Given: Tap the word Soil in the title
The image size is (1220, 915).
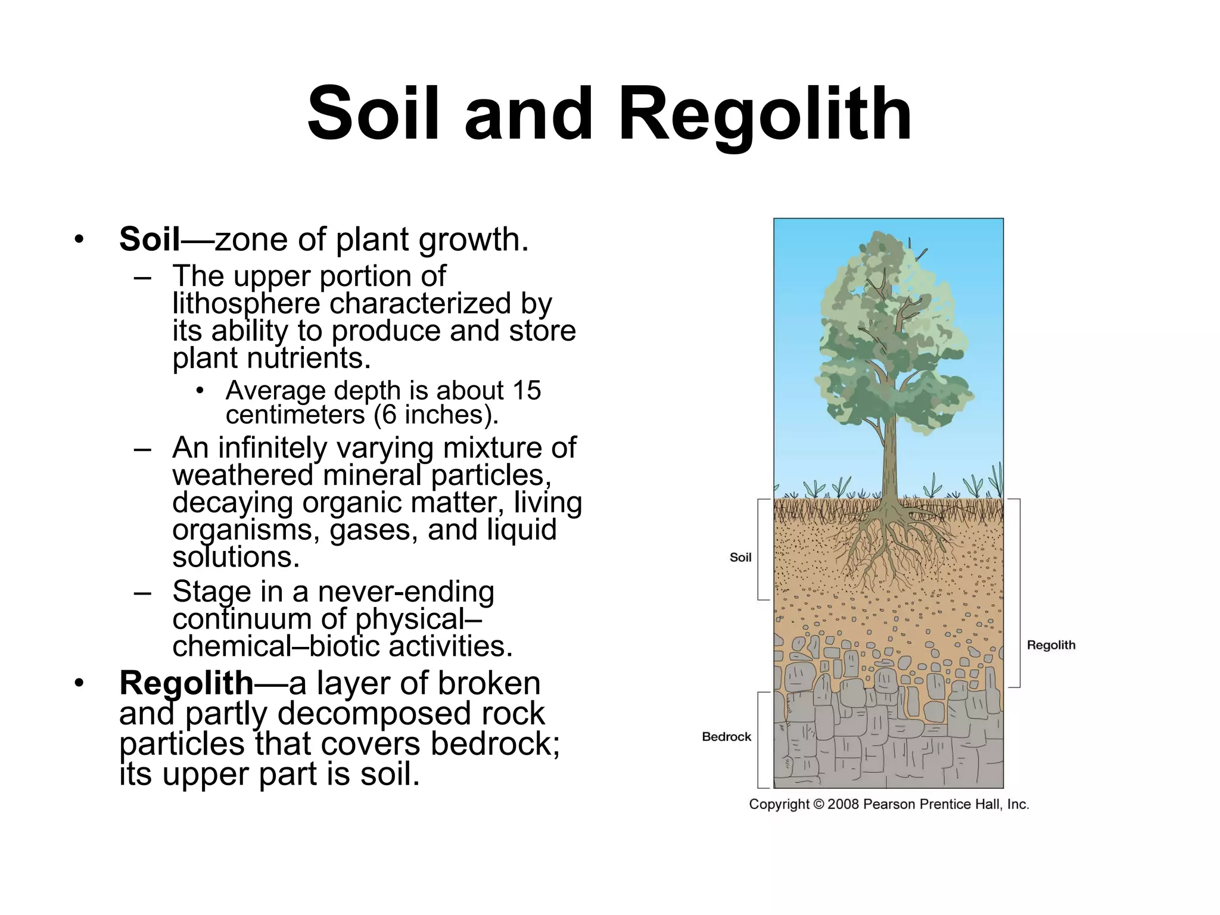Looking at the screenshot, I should pos(374,113).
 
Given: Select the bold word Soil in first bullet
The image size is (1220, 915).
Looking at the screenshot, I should pos(149,239).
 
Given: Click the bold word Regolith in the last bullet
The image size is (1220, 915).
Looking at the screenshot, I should pos(186,683).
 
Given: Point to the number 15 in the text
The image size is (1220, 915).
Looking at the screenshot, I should pos(526,391).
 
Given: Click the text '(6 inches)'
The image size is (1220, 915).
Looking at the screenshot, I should pos(436,415).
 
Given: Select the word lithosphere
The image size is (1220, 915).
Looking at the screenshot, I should pos(246,304).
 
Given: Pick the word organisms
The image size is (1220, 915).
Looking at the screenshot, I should pos(246,530).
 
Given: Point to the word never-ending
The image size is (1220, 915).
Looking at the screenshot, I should pos(406,592).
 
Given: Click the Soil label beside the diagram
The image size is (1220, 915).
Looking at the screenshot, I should pos(740,558).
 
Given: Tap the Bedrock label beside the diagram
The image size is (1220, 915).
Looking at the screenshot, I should pos(726,737).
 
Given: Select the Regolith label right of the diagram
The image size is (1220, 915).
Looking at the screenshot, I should pos(1051,645).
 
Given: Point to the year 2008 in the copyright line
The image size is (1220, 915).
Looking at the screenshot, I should pos(843,805).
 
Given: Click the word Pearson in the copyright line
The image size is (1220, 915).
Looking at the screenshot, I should pos(889,805).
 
